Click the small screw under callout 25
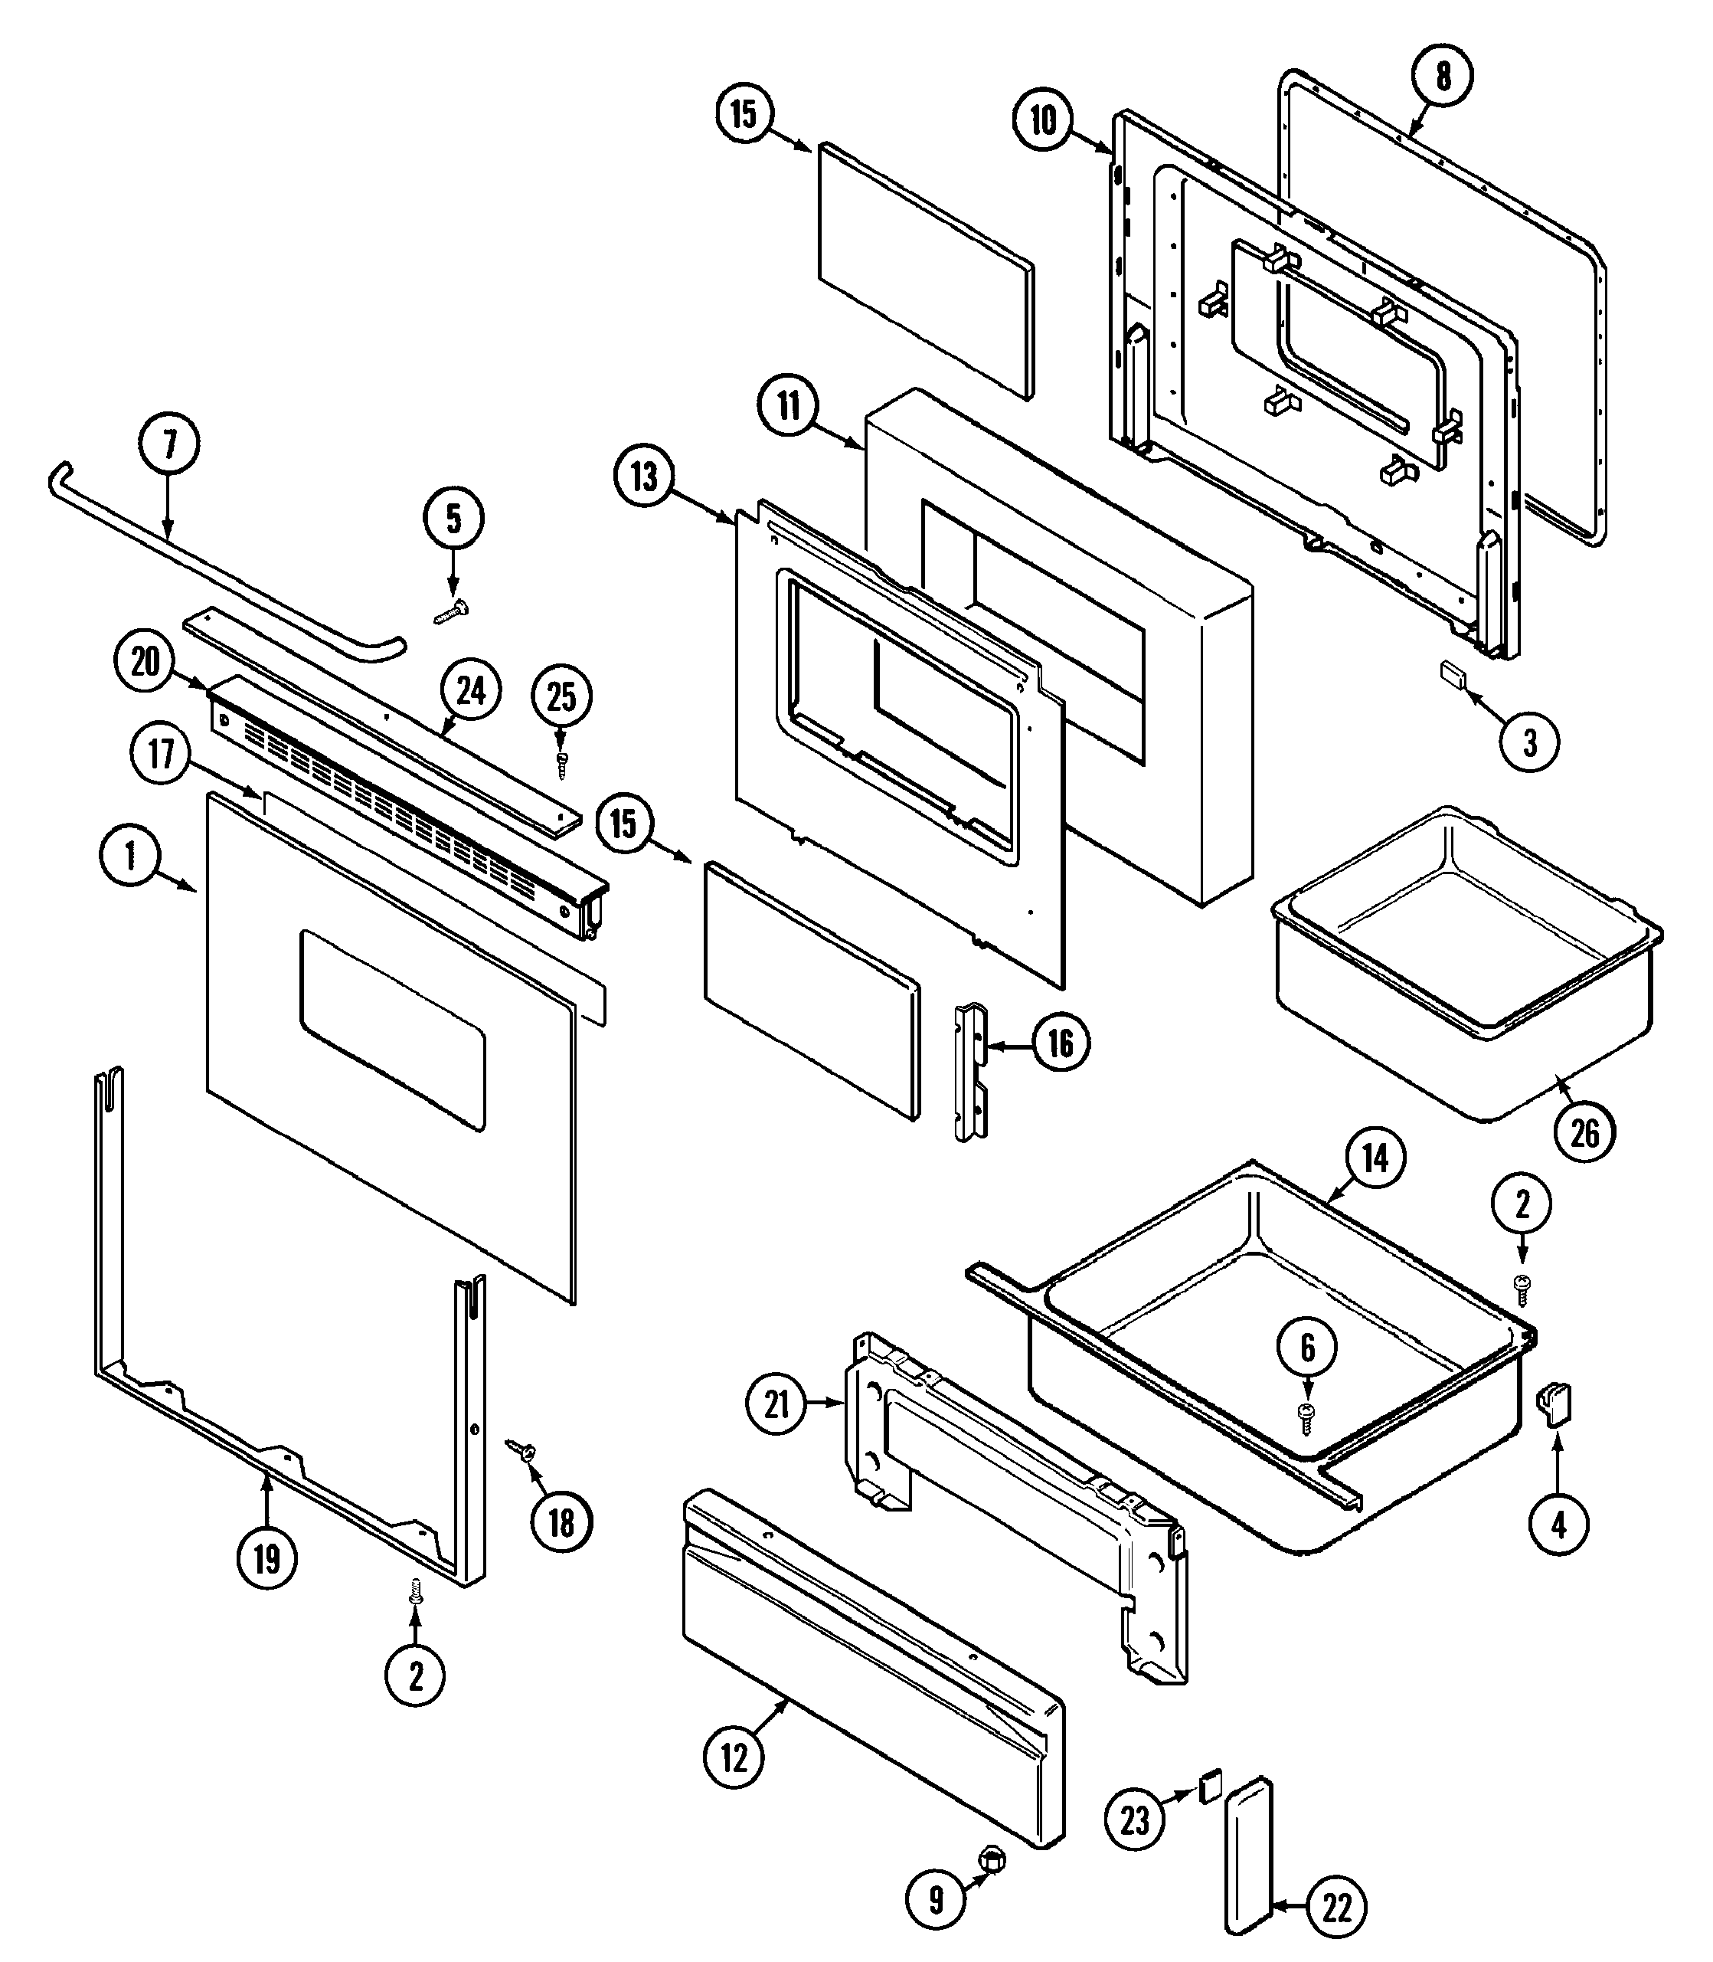pos(562,765)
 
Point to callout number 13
pos(644,477)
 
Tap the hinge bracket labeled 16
pos(971,1071)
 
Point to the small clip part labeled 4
pos(1555,1406)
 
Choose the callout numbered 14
pos(1374,1159)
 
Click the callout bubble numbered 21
pos(776,1404)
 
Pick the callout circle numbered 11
pos(788,405)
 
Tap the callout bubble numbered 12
pos(734,1757)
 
